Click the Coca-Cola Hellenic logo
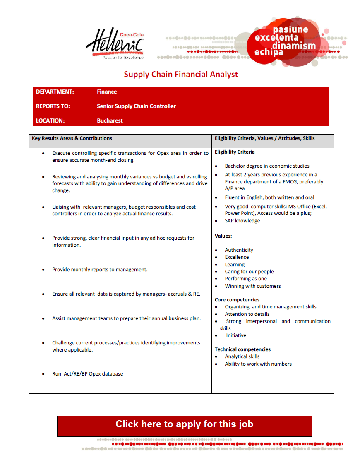[115, 44]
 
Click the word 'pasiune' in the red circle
[290, 30]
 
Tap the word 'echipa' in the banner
[269, 53]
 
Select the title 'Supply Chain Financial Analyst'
[181, 75]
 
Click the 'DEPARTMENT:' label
[55, 92]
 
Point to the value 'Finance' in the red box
[107, 92]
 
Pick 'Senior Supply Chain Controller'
[136, 106]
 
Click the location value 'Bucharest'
[110, 121]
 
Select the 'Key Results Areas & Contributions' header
[72, 138]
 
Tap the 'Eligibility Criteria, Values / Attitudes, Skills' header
[264, 138]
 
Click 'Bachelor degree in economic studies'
[267, 166]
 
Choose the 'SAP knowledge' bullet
[242, 221]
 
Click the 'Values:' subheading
[223, 236]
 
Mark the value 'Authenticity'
[239, 250]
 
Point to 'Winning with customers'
[253, 286]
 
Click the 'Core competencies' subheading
[237, 300]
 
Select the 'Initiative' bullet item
[236, 335]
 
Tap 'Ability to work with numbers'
[258, 364]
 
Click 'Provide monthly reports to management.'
[100, 270]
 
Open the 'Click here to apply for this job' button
[184, 424]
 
